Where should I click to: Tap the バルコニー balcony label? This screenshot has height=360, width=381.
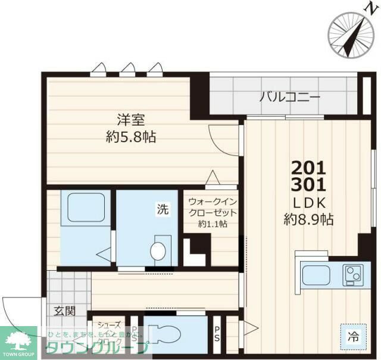[290, 98]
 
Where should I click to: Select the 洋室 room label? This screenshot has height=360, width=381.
[131, 120]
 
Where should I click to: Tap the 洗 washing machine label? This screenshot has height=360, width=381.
[163, 209]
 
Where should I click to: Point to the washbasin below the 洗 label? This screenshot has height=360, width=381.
[159, 251]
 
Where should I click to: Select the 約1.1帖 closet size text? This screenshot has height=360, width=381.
[213, 224]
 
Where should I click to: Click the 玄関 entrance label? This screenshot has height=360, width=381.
[65, 310]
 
